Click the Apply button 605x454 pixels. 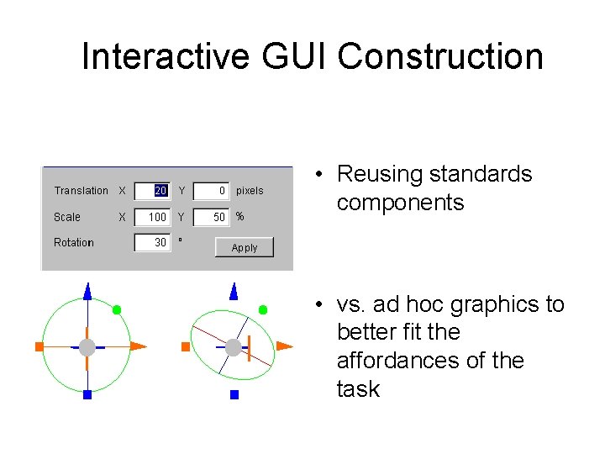(245, 247)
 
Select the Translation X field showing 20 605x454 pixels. (154, 191)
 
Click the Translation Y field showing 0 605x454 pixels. (212, 191)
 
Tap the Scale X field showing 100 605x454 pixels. (154, 217)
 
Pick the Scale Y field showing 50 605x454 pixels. (212, 217)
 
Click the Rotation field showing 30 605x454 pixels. (154, 242)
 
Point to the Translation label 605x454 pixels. (81, 191)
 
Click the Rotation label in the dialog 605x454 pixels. (74, 242)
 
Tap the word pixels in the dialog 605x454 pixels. (250, 191)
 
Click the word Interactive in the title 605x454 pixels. (166, 56)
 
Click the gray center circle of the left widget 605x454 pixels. (87, 346)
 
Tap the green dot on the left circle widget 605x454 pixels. (117, 309)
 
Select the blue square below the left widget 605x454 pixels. (87, 393)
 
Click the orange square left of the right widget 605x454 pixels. (186, 346)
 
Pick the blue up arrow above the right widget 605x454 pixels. (234, 292)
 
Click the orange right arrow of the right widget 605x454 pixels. (284, 346)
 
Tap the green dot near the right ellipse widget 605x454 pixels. (263, 309)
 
